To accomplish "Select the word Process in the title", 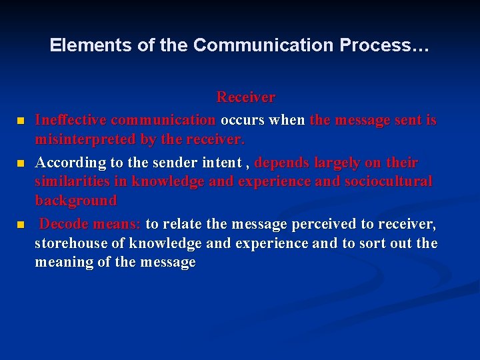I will pyautogui.click(x=383, y=45).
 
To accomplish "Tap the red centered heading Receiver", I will pyautogui.click(x=245, y=97).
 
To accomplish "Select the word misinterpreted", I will pyautogui.click(x=85, y=140).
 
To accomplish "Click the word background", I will pyautogui.click(x=75, y=200).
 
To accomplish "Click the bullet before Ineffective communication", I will pyautogui.click(x=20, y=121).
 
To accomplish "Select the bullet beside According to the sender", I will pyautogui.click(x=20, y=163).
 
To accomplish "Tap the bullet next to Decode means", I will pyautogui.click(x=20, y=225).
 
